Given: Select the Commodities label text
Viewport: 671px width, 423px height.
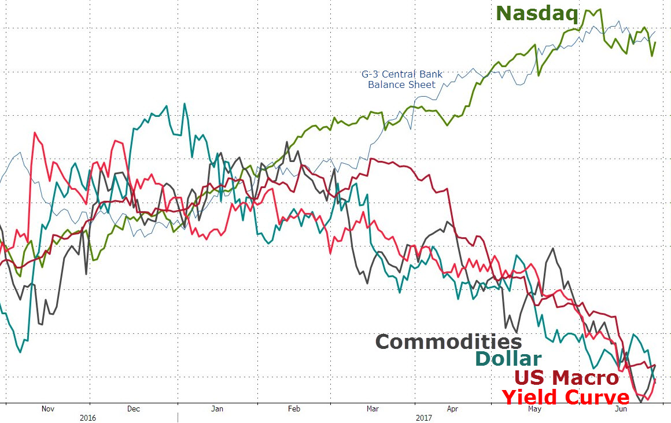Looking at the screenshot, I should pyautogui.click(x=448, y=341).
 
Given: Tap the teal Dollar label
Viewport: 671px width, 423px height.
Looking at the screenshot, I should pyautogui.click(x=508, y=359).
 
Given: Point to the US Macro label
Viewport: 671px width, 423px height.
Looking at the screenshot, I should pyautogui.click(x=567, y=378).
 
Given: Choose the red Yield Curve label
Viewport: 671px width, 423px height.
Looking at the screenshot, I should pyautogui.click(x=565, y=397).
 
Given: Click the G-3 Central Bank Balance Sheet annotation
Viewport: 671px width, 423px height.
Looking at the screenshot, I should pyautogui.click(x=402, y=79).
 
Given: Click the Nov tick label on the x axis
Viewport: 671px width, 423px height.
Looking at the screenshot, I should pyautogui.click(x=48, y=409).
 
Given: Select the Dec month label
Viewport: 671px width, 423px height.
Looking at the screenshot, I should pyautogui.click(x=133, y=409).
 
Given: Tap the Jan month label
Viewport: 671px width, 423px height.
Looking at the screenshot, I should pyautogui.click(x=217, y=409).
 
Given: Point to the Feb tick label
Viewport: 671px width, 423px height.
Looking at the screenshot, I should pyautogui.click(x=294, y=409).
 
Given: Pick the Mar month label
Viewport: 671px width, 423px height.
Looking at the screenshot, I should pyautogui.click(x=373, y=409).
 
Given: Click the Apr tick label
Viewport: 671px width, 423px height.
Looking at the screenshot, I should pyautogui.click(x=452, y=409).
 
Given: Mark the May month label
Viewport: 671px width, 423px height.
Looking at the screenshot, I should pyautogui.click(x=534, y=409).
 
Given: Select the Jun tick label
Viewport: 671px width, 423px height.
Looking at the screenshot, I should pyautogui.click(x=621, y=409).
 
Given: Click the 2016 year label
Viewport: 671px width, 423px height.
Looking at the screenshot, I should pyautogui.click(x=88, y=417).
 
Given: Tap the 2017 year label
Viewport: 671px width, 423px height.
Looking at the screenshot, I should pyautogui.click(x=424, y=417).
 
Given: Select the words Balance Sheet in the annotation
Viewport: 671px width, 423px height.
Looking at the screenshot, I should pyautogui.click(x=402, y=84).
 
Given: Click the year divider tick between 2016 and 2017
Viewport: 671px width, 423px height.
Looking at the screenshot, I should pyautogui.click(x=178, y=417).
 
